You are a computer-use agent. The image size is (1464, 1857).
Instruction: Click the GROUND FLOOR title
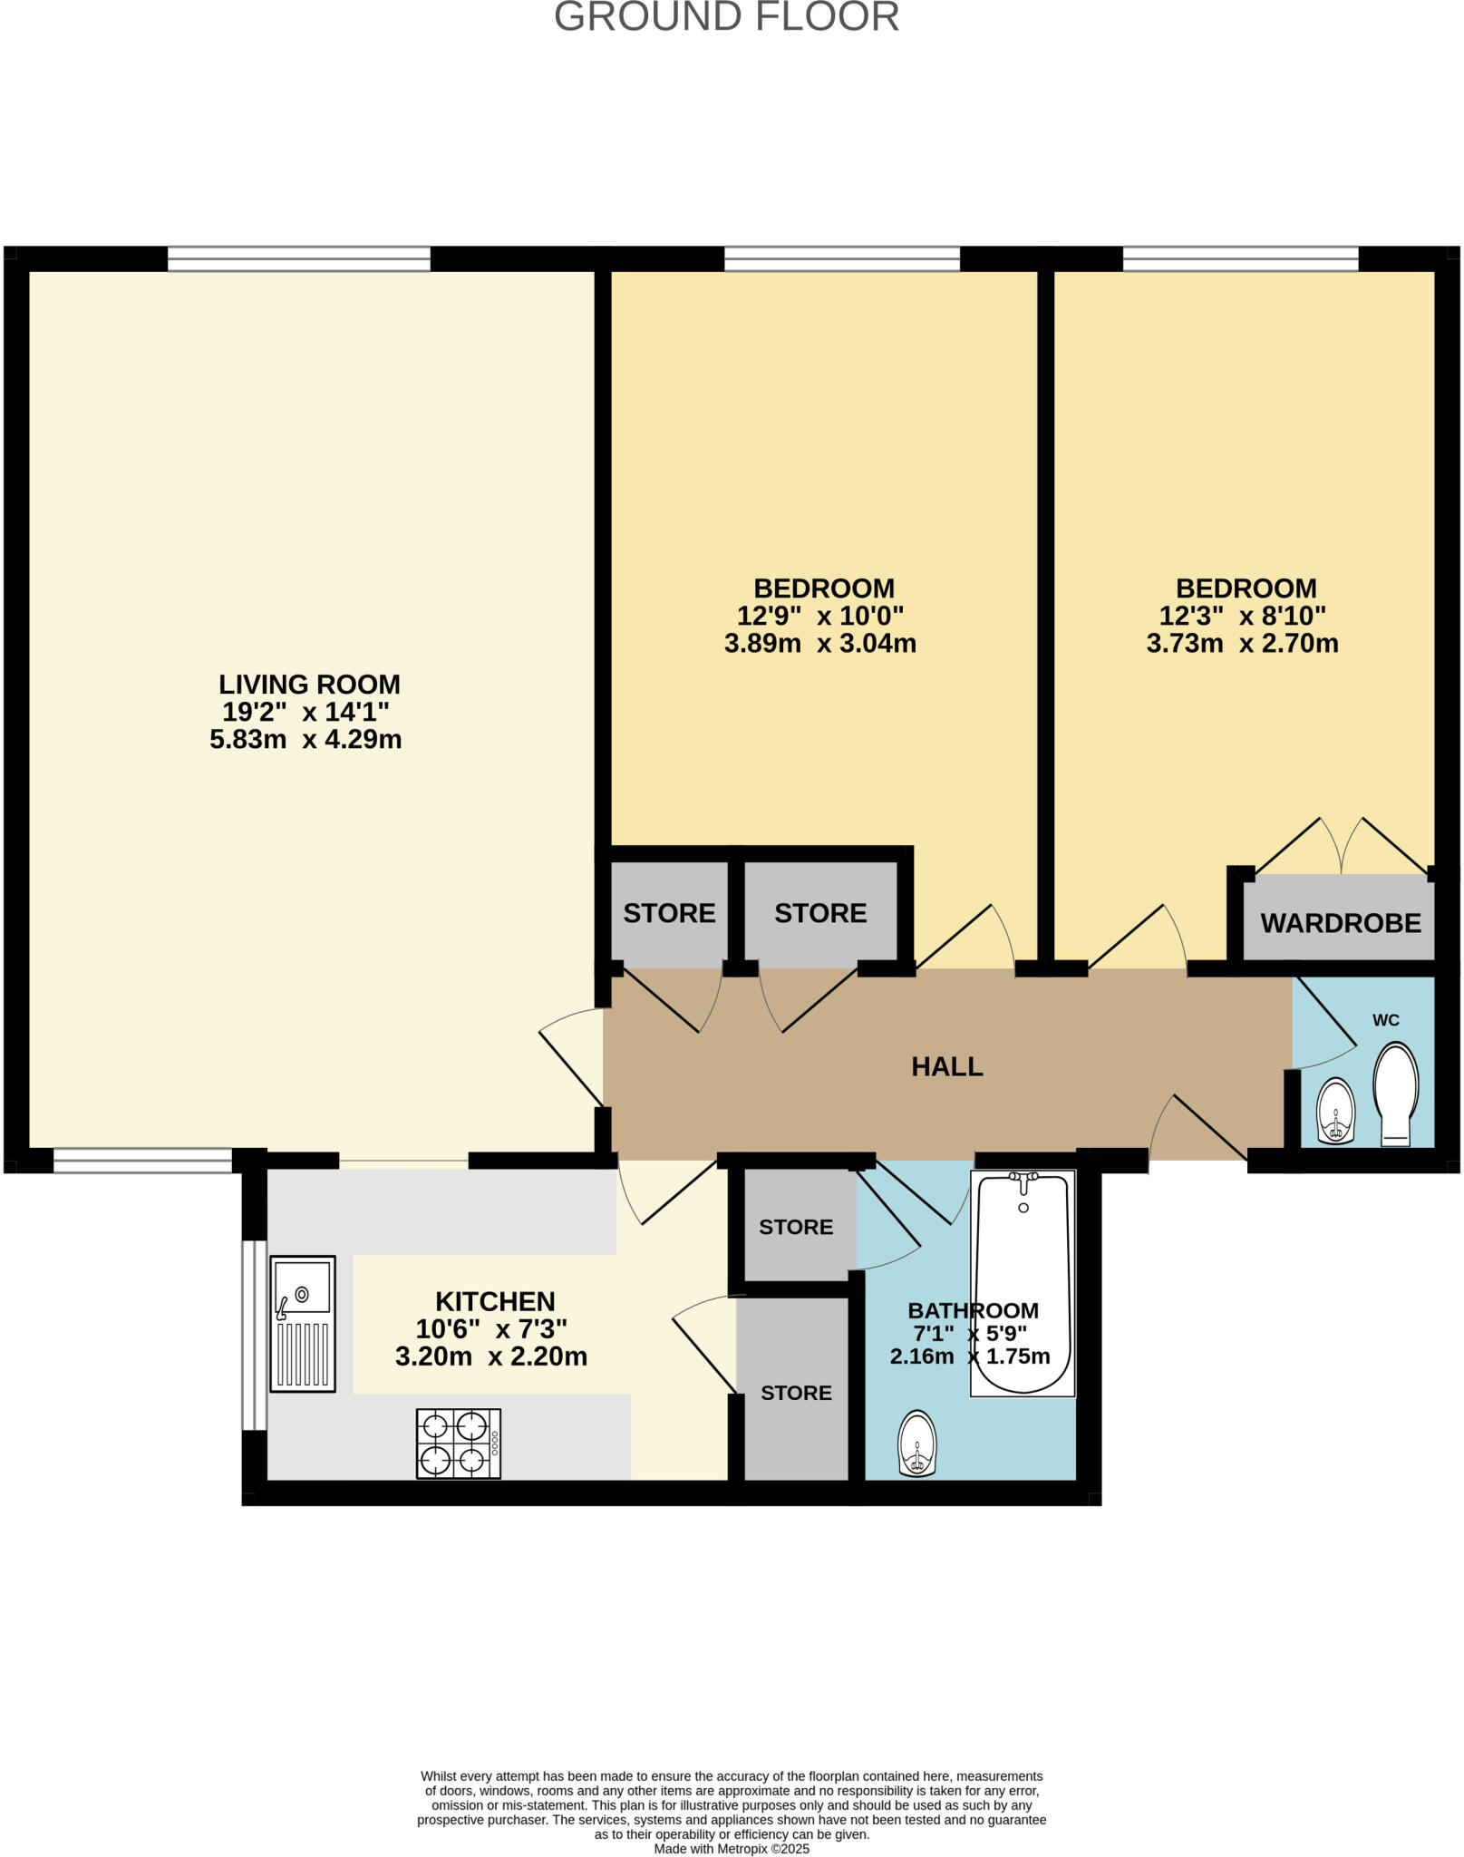click(x=726, y=16)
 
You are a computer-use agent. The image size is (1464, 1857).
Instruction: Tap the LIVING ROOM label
click(x=309, y=684)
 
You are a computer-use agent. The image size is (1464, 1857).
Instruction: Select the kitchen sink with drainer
click(x=303, y=1324)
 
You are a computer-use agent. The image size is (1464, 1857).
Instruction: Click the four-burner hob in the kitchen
click(x=459, y=1444)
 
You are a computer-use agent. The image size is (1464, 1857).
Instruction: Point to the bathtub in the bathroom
click(x=1023, y=1283)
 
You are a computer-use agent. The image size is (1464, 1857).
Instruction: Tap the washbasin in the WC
click(x=1335, y=1112)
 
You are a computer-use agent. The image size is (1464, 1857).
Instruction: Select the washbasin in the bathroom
click(x=916, y=1444)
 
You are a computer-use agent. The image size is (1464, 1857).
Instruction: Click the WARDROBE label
click(x=1341, y=923)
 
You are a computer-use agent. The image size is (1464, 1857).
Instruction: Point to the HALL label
click(x=946, y=1066)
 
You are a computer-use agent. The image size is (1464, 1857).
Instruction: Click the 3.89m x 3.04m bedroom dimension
click(x=819, y=644)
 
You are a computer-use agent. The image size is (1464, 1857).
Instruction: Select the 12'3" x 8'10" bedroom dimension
click(x=1242, y=616)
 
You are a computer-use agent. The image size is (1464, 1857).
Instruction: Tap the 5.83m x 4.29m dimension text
click(x=305, y=739)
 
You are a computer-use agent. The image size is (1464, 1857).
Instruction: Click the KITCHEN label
click(x=495, y=1301)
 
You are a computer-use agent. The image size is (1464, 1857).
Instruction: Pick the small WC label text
click(x=1385, y=1020)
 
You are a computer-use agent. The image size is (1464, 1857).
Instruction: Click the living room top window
click(x=299, y=259)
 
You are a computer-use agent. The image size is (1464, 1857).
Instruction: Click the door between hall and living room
click(x=572, y=1056)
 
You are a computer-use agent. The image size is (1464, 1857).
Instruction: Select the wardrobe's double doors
click(x=1340, y=848)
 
